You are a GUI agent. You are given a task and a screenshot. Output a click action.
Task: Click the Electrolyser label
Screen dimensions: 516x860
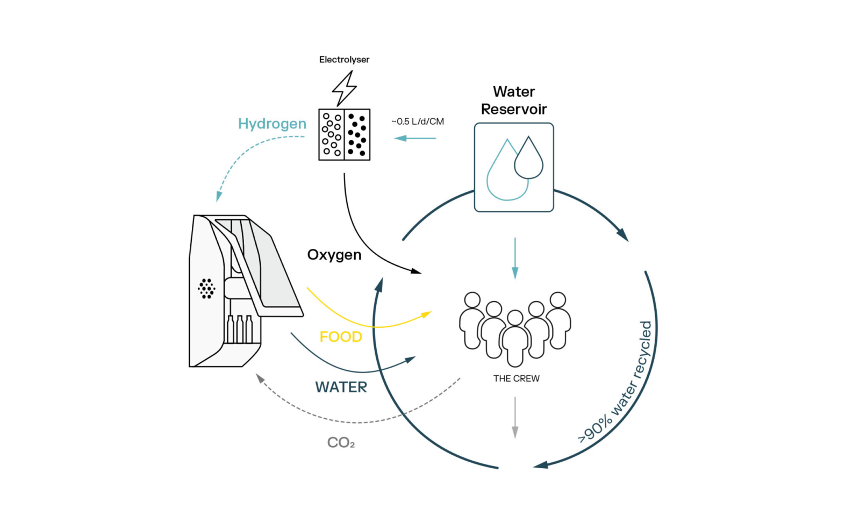pyautogui.click(x=344, y=60)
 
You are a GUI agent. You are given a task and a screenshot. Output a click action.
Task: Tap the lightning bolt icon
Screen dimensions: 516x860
pyautogui.click(x=344, y=89)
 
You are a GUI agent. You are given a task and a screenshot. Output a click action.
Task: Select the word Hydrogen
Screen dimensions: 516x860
pyautogui.click(x=272, y=124)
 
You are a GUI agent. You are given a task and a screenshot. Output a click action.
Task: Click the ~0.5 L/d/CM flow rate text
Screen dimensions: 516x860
pyautogui.click(x=418, y=121)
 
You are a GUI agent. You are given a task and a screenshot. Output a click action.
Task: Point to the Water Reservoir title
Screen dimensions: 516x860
pyautogui.click(x=514, y=101)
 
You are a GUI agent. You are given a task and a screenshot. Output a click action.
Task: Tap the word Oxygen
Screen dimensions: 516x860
pyautogui.click(x=334, y=255)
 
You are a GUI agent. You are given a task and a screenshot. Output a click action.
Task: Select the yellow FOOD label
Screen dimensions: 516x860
pyautogui.click(x=341, y=337)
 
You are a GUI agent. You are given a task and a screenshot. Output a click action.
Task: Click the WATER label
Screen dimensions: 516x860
pyautogui.click(x=341, y=387)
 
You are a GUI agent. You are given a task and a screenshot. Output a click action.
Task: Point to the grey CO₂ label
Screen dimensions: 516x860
pyautogui.click(x=341, y=443)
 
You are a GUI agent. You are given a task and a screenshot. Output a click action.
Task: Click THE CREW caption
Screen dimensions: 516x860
pyautogui.click(x=516, y=378)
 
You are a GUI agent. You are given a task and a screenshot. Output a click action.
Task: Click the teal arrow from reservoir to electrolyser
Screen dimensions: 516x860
pyautogui.click(x=415, y=138)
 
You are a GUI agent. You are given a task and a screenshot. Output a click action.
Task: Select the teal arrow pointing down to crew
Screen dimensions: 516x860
pyautogui.click(x=515, y=258)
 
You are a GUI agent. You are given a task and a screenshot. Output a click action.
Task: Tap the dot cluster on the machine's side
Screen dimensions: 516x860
pyautogui.click(x=206, y=289)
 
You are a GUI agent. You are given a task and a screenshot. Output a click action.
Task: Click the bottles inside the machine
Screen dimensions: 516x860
pyautogui.click(x=240, y=329)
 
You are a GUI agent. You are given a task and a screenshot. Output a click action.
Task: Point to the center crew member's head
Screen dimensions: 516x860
pyautogui.click(x=515, y=318)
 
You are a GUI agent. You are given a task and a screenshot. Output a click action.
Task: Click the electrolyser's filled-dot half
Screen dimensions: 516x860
pyautogui.click(x=357, y=134)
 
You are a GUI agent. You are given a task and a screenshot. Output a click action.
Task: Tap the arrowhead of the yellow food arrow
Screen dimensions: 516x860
pyautogui.click(x=427, y=313)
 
